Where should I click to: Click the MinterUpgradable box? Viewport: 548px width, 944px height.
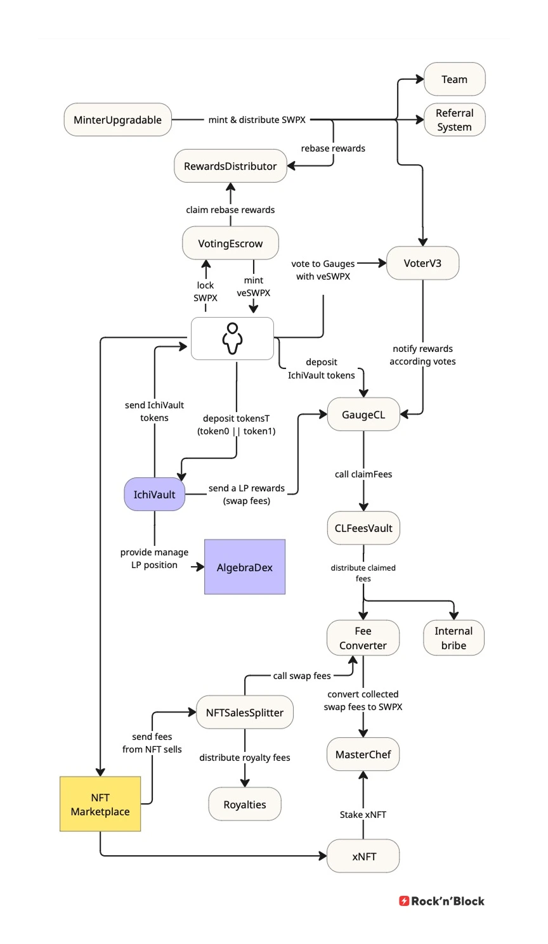click(x=118, y=120)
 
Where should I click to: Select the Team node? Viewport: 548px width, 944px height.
click(x=454, y=79)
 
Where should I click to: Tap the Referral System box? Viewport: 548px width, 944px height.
click(x=454, y=120)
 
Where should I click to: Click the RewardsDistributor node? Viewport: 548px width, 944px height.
click(x=230, y=166)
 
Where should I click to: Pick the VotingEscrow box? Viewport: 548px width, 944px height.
click(x=230, y=243)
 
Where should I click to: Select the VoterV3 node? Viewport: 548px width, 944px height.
click(x=422, y=263)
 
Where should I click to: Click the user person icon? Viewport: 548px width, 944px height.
click(x=232, y=339)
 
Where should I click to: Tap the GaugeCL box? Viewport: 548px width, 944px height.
click(x=363, y=415)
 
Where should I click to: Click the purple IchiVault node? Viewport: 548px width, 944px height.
click(x=155, y=495)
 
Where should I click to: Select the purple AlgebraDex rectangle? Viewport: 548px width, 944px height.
click(x=245, y=567)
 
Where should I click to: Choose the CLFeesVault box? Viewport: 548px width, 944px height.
click(x=363, y=528)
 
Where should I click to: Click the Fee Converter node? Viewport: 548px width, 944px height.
click(x=363, y=638)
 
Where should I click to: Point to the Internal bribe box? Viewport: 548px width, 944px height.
click(x=453, y=638)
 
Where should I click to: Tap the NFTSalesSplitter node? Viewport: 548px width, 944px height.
click(x=245, y=713)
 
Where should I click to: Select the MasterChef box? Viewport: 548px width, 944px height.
click(x=363, y=754)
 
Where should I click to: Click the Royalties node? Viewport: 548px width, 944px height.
click(x=245, y=805)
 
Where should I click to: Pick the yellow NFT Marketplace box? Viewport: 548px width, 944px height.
click(x=100, y=804)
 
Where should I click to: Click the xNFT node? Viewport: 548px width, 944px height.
click(x=363, y=857)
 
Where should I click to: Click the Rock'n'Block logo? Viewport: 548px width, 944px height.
click(x=441, y=901)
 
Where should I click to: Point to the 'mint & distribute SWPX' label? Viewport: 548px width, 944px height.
click(x=257, y=120)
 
